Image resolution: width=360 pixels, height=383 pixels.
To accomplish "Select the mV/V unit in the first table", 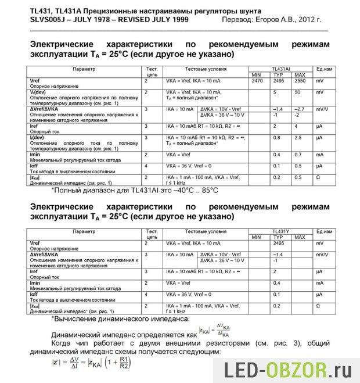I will [x=322, y=109].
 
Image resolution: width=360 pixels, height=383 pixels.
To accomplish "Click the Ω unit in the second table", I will [x=318, y=305].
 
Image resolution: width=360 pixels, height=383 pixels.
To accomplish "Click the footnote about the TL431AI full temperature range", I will [x=135, y=190].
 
